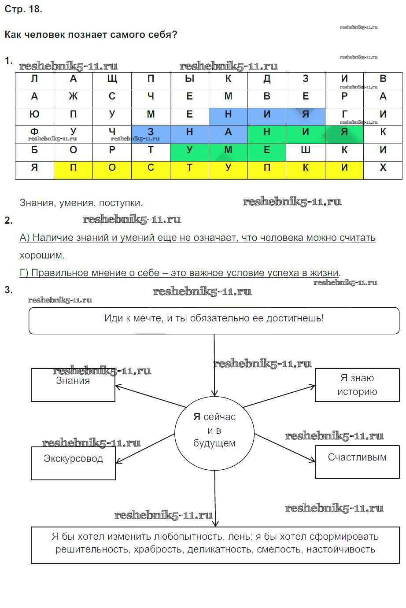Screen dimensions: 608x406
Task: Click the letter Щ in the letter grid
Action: tap(112, 79)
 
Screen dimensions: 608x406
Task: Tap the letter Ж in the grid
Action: tap(73, 96)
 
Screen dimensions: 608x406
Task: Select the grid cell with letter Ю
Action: tap(34, 114)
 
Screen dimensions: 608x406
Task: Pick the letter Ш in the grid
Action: tap(305, 150)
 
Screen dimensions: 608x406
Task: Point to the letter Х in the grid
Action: tap(383, 168)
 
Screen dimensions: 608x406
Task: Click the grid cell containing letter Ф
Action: tap(34, 132)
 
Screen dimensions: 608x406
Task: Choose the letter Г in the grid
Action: tap(344, 114)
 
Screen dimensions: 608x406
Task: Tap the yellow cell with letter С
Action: tap(151, 168)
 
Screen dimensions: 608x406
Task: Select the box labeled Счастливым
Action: tap(357, 461)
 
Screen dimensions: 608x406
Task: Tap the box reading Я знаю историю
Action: tap(357, 385)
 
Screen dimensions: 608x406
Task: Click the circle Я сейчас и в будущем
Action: tap(214, 430)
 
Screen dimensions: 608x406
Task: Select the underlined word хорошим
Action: tap(41, 255)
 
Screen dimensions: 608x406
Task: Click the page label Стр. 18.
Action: tap(23, 9)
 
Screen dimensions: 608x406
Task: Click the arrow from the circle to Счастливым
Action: tap(285, 448)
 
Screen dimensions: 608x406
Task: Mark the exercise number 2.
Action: tap(8, 221)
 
